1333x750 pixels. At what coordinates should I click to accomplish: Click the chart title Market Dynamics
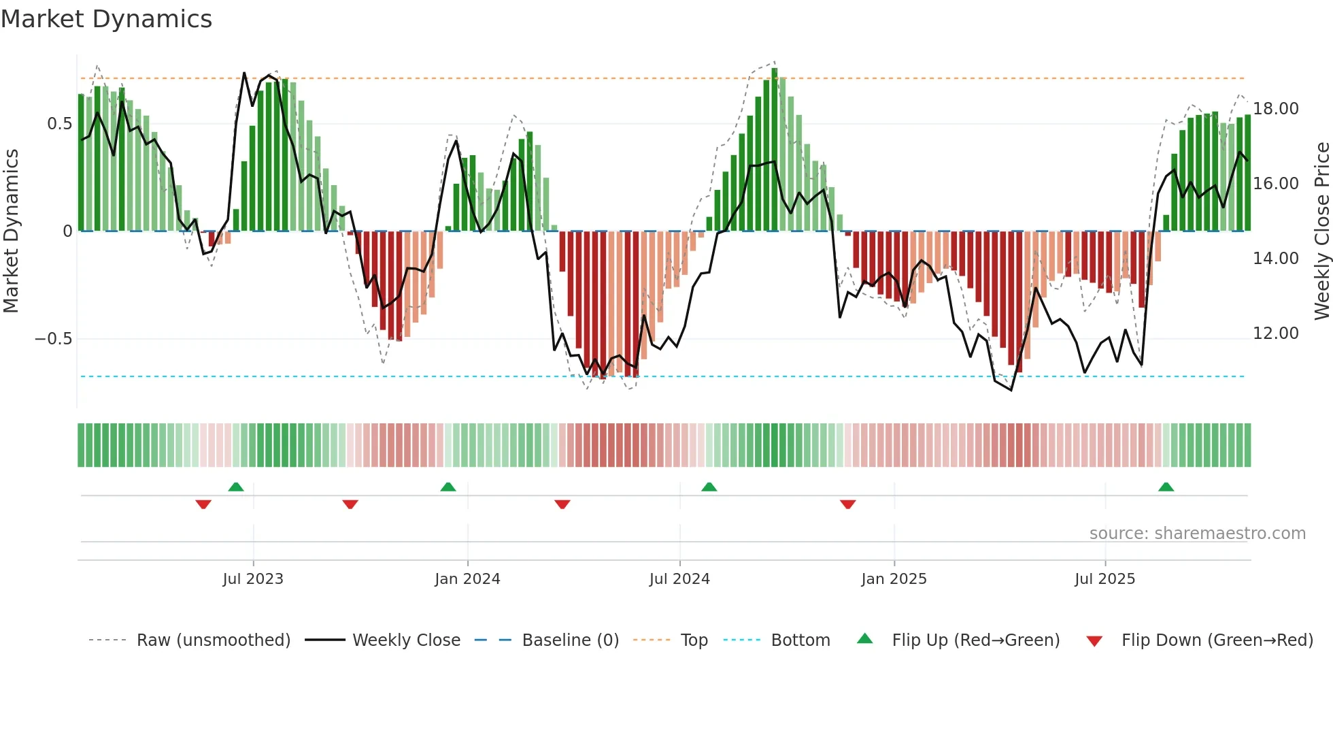(106, 19)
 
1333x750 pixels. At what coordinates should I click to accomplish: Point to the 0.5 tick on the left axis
(59, 124)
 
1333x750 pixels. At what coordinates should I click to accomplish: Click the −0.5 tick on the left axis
(54, 339)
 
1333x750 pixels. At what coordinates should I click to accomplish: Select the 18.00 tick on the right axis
(1275, 109)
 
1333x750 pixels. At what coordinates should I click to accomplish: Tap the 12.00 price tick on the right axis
(1275, 333)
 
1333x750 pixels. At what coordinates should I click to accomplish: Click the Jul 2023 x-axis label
(253, 579)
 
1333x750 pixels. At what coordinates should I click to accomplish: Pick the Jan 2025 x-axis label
(894, 579)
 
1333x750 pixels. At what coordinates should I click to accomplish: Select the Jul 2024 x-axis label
(679, 579)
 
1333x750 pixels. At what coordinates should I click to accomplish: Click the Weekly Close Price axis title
(1321, 231)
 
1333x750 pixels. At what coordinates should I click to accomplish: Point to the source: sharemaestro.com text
(1197, 534)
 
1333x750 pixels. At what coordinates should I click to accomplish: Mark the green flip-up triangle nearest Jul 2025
(1166, 487)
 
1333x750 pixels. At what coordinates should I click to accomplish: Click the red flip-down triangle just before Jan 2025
(847, 504)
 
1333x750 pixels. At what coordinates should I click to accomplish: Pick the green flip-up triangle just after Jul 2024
(709, 487)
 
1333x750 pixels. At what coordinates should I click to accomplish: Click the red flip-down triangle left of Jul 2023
(203, 504)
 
